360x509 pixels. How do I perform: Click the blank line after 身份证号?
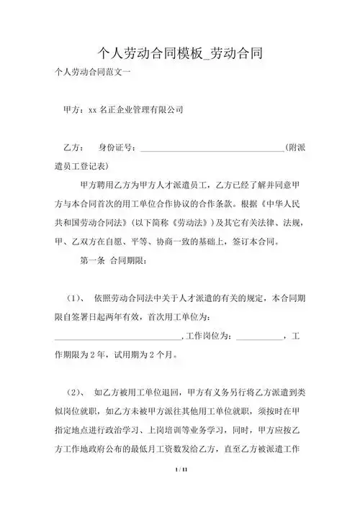[x=212, y=150]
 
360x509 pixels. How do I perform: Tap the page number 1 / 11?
[x=179, y=490]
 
